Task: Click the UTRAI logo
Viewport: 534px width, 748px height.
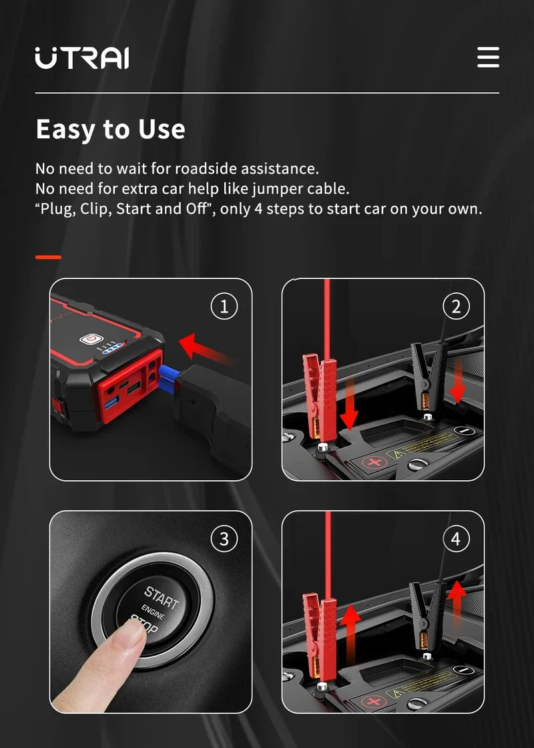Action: [81, 57]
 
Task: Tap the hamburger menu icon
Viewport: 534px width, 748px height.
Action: [488, 57]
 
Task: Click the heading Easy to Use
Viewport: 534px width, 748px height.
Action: [111, 130]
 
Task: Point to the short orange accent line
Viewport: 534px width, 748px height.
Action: [48, 257]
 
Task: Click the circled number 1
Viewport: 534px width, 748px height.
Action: [224, 307]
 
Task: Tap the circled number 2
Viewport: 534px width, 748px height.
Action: [457, 307]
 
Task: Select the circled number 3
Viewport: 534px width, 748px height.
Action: [224, 539]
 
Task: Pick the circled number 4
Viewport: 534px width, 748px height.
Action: [457, 539]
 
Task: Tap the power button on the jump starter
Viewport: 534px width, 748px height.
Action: [89, 340]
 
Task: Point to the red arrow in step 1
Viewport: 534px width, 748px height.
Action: [206, 351]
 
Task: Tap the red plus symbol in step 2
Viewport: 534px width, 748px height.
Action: [374, 462]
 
